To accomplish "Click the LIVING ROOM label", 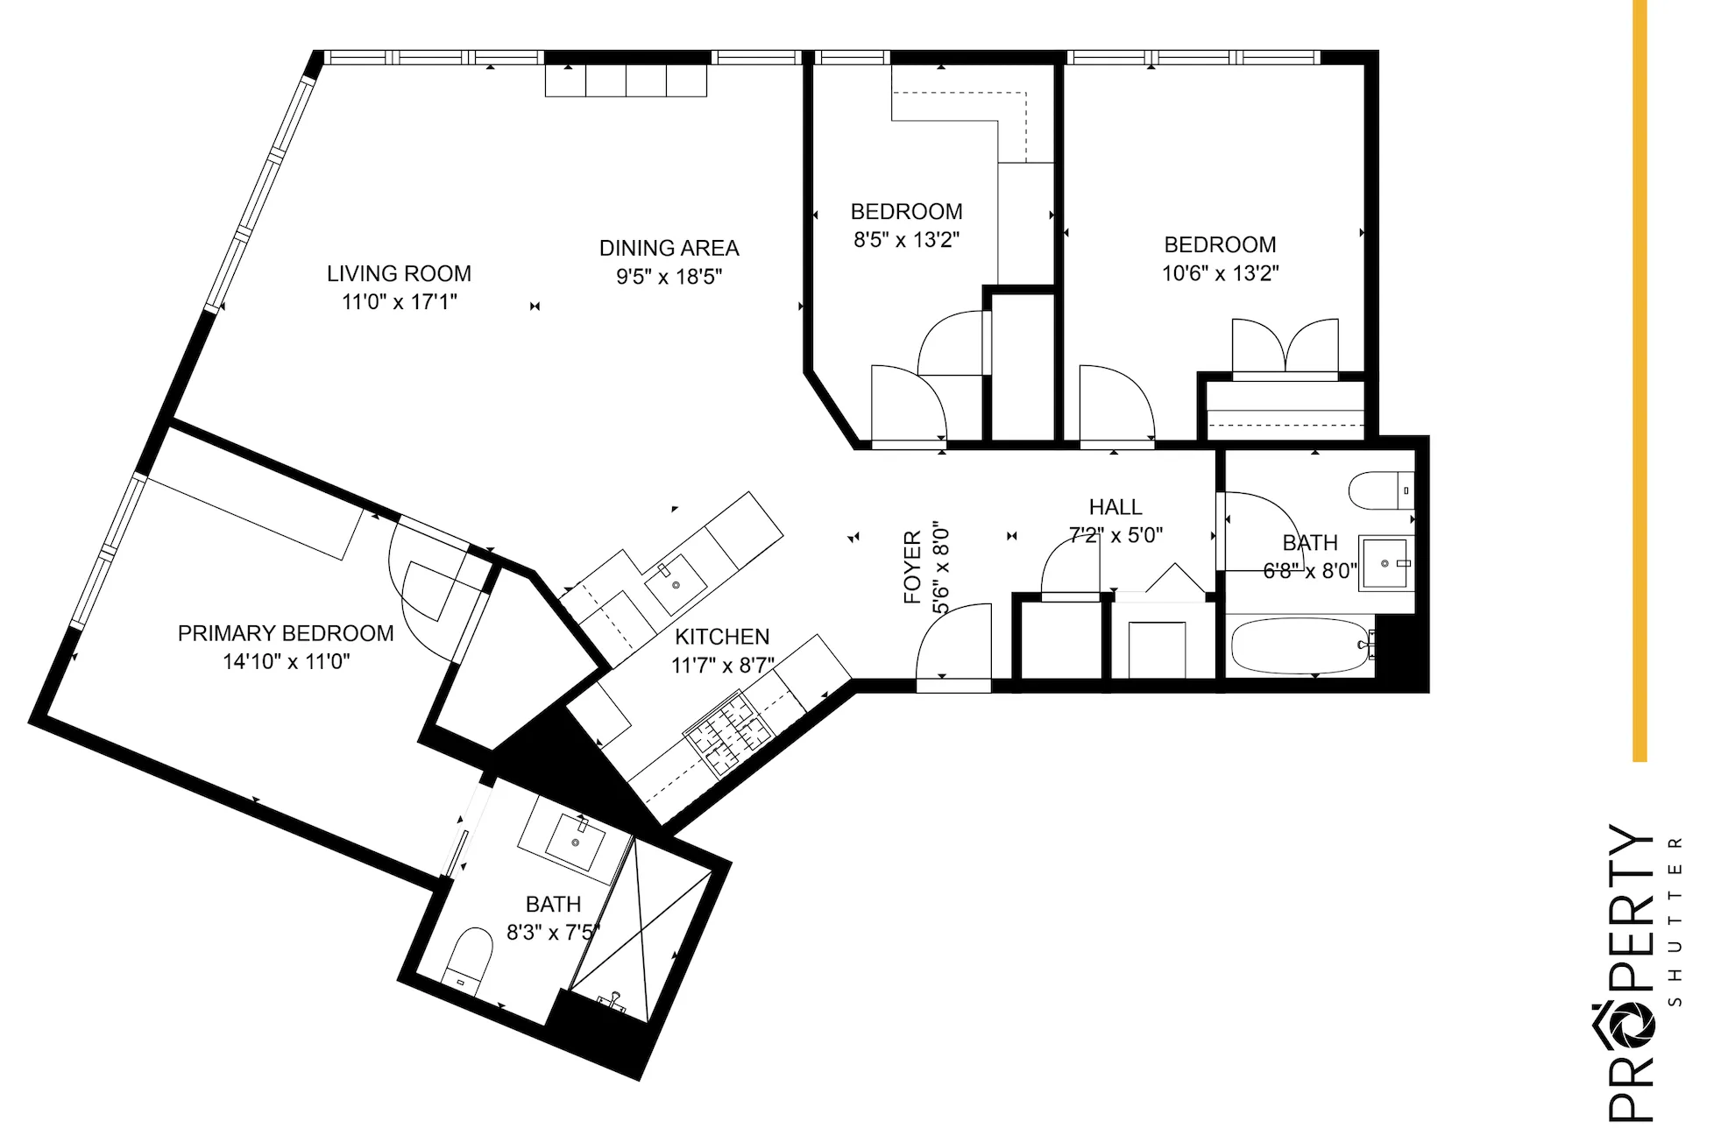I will pos(399,273).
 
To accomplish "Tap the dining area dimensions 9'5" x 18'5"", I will pos(669,277).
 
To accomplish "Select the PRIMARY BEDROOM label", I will pos(286,633).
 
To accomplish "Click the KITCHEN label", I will pos(722,637).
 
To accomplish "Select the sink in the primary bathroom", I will pos(575,841).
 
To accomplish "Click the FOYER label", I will pos(912,567).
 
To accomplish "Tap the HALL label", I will pos(1115,507).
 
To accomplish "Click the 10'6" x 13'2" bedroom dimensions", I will pos(1220,273).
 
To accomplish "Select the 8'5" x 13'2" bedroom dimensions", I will pos(906,240).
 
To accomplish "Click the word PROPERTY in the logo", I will pos(1631,972).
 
